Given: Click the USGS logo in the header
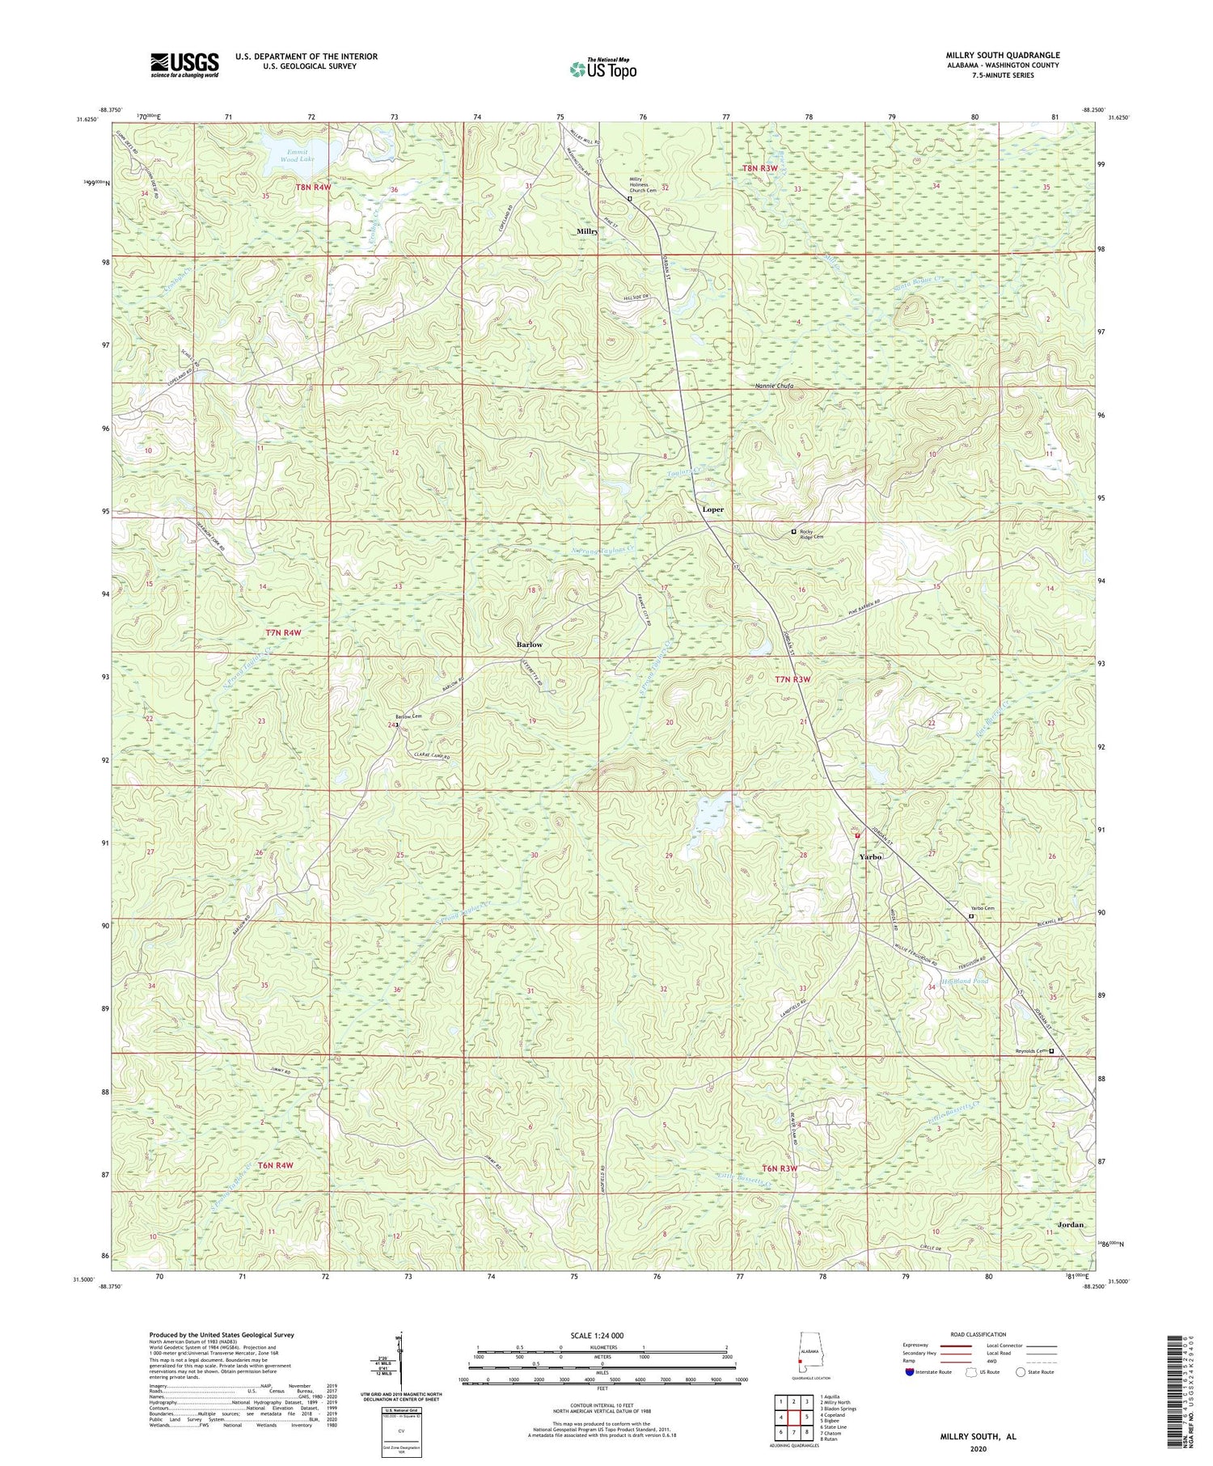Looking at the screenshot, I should tap(184, 65).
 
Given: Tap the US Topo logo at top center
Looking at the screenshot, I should tap(603, 69).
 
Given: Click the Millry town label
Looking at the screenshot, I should tap(588, 231).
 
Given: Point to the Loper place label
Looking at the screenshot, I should tap(712, 509).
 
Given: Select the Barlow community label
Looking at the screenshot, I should tap(530, 644).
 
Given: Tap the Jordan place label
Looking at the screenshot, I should tap(1071, 1225).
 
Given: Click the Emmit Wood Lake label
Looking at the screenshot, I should tap(294, 156).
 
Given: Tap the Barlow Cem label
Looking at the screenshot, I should tap(408, 716).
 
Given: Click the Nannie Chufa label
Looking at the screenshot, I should tap(774, 386).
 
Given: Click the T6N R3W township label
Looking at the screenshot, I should tap(780, 1168).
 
